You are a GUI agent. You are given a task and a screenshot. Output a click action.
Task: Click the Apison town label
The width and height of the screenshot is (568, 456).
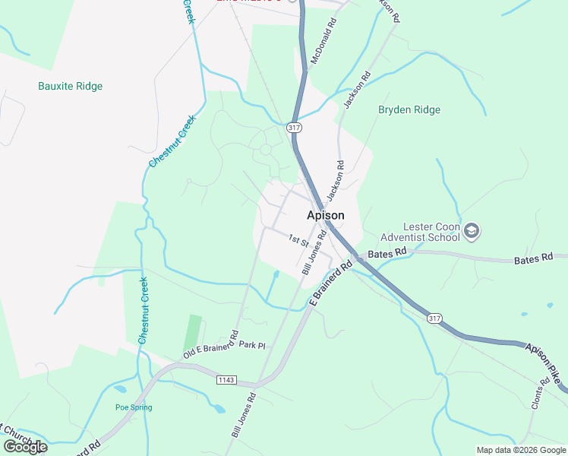325,215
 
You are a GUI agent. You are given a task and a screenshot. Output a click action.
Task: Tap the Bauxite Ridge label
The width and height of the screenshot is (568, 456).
70,87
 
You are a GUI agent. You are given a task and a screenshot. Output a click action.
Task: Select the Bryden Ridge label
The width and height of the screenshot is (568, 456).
409,110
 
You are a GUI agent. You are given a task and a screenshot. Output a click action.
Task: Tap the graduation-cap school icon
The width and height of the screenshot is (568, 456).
472,230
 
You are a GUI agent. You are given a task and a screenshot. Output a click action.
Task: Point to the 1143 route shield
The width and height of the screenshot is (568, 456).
226,379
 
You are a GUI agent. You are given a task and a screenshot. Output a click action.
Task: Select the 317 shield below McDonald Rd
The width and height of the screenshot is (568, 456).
294,128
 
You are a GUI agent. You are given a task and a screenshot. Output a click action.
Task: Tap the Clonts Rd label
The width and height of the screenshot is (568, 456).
541,394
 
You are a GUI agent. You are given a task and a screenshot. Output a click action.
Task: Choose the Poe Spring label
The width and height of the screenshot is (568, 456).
133,408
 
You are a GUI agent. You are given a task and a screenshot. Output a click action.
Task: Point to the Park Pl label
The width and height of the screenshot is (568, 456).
251,345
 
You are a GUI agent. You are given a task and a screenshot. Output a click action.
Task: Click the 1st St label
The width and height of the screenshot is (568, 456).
297,240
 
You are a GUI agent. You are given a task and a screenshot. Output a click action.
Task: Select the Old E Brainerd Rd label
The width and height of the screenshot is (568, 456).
211,344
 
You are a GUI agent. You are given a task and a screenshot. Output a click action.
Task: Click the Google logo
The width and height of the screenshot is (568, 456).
25,447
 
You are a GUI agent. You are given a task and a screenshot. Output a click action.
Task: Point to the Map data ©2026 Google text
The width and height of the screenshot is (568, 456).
520,450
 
